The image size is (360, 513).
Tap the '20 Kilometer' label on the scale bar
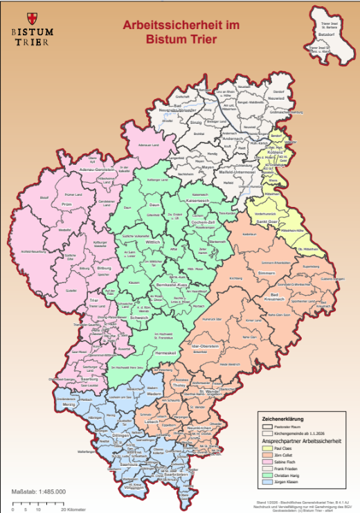tap(71, 509)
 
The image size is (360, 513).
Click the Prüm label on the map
tap(66, 205)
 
